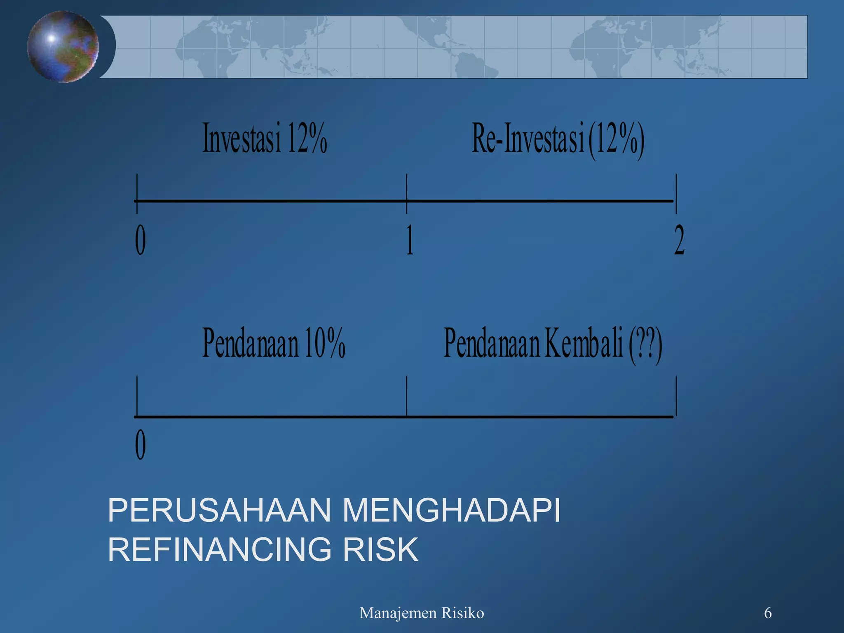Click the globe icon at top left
(63, 46)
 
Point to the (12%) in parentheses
(617, 140)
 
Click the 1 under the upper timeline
(409, 240)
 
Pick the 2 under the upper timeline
(679, 240)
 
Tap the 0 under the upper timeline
(141, 240)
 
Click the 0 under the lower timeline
(141, 445)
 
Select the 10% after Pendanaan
(325, 343)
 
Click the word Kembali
(584, 343)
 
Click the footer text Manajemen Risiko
(422, 613)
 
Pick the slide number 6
(768, 613)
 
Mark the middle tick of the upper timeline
(407, 194)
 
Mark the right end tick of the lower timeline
(676, 396)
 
